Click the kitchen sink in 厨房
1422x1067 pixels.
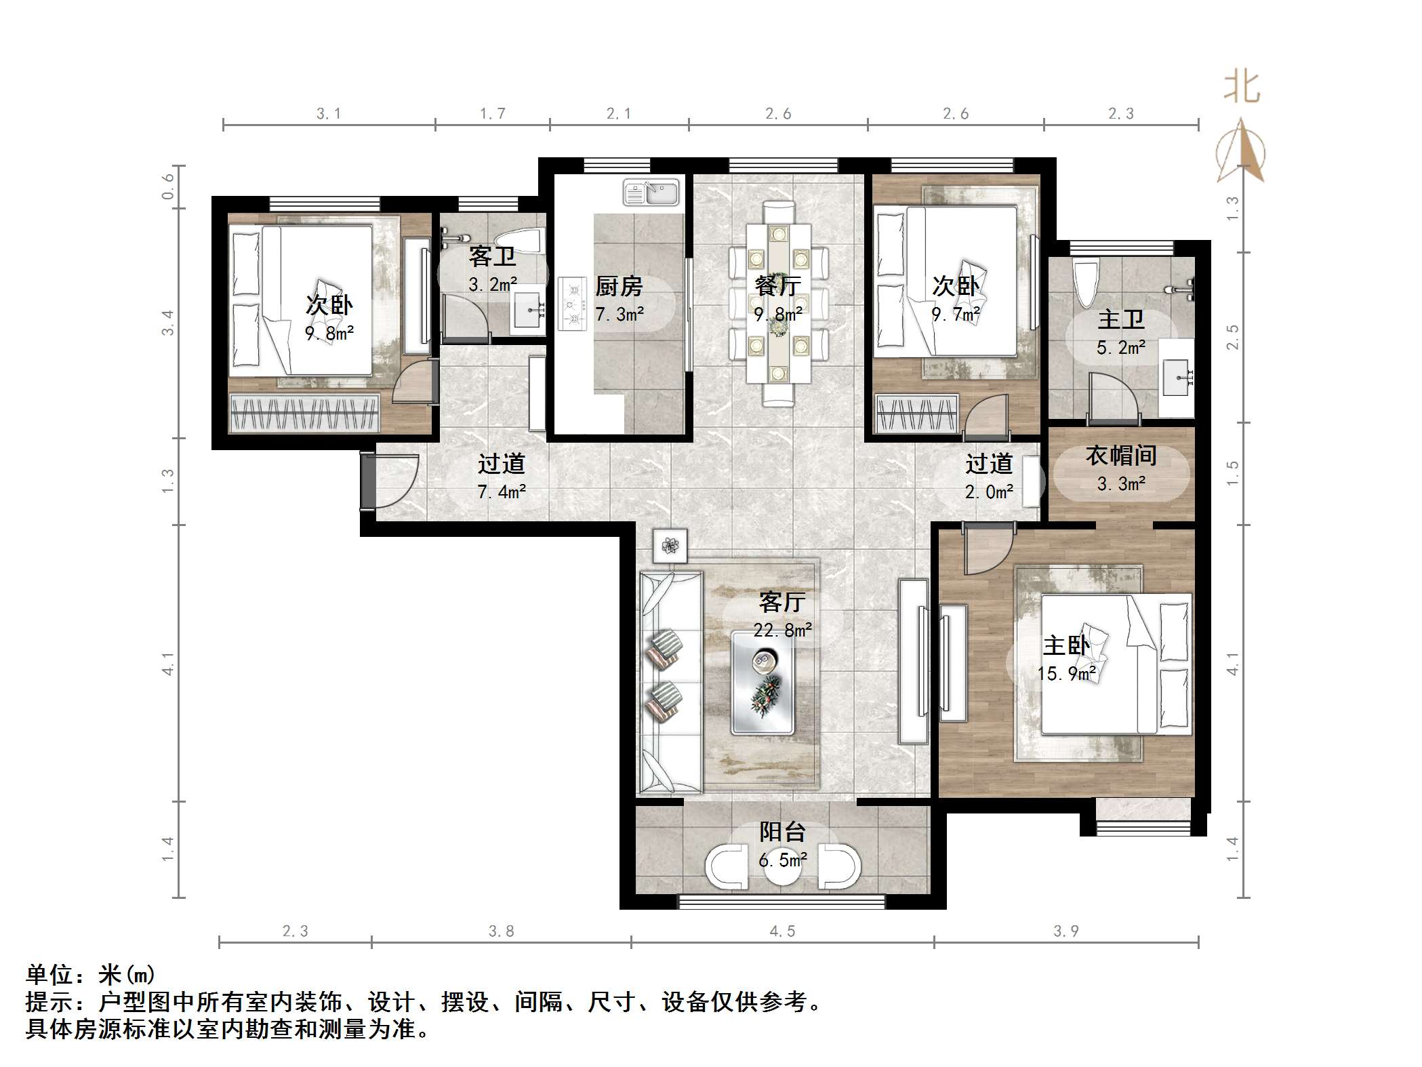[x=651, y=193]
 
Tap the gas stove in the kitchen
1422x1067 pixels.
[x=572, y=304]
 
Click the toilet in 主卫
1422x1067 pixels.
[x=1084, y=285]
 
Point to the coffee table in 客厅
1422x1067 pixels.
[x=762, y=683]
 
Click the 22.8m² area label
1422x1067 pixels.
[x=782, y=630]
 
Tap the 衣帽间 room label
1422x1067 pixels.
[x=1121, y=456]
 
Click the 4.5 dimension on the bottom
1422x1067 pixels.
[x=782, y=931]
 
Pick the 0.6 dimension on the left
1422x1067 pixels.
[x=167, y=186]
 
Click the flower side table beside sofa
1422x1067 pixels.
[x=670, y=546]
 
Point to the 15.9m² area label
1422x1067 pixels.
[x=1065, y=674]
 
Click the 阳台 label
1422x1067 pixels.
[x=782, y=832]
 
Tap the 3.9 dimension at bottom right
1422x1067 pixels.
[x=1065, y=931]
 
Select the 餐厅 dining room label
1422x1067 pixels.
[x=777, y=286]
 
